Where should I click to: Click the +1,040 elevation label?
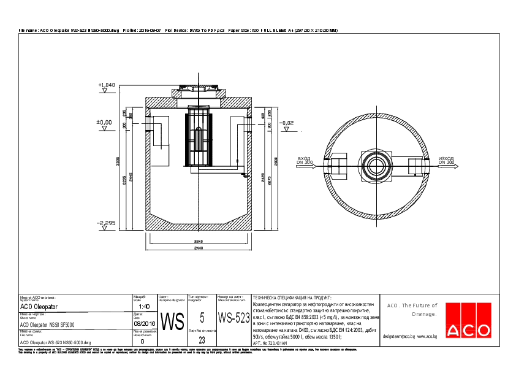coord(106,85)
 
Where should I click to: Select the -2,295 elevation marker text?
coord(106,223)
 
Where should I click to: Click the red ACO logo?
coord(468,320)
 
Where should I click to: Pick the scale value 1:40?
coord(144,306)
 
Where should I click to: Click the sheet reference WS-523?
coord(233,318)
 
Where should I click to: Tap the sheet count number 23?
coord(202,339)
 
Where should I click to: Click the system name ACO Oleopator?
coord(39,306)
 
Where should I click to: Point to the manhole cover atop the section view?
coord(199,90)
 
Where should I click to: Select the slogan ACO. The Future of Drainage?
coord(412,309)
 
